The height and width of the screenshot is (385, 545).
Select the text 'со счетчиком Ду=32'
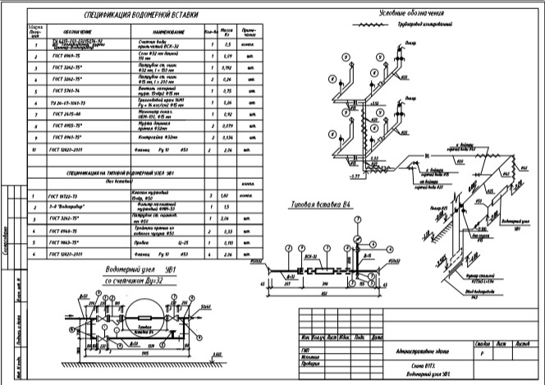pyautogui.click(x=131, y=280)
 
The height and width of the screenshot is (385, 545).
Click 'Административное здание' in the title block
pyautogui.click(x=423, y=349)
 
